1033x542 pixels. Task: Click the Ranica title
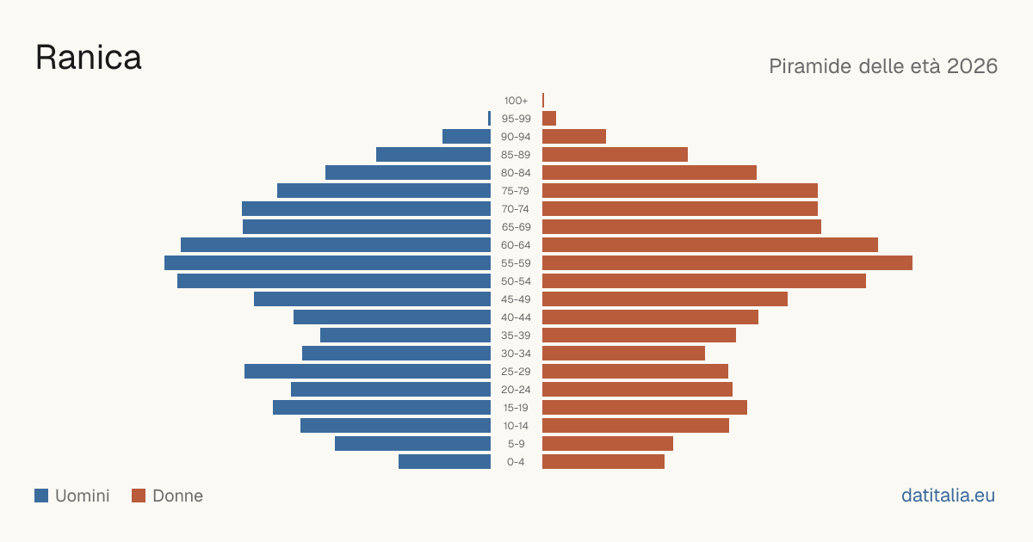pos(89,59)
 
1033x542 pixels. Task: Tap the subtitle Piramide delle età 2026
pos(883,66)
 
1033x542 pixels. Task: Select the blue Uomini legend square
pos(41,496)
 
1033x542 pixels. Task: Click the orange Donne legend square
pos(139,496)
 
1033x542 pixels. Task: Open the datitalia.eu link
pos(948,496)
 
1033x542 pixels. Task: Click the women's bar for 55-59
pos(727,262)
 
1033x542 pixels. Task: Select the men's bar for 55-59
pos(327,262)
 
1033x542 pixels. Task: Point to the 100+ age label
pos(516,101)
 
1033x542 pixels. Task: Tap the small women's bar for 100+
pos(543,100)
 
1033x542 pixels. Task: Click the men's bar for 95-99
pos(489,119)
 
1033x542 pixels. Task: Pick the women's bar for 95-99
pos(549,119)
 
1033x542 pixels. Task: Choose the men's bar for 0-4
pos(444,462)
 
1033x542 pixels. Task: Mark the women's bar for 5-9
pos(608,443)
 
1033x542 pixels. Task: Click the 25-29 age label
pos(516,372)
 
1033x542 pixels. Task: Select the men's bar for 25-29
pos(368,372)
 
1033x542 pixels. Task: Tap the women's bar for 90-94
pos(574,137)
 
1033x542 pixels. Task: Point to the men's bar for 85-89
pos(434,154)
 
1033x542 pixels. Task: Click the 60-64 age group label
pos(516,245)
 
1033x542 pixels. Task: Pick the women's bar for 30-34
pos(623,353)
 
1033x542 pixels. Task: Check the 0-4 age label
pos(516,462)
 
